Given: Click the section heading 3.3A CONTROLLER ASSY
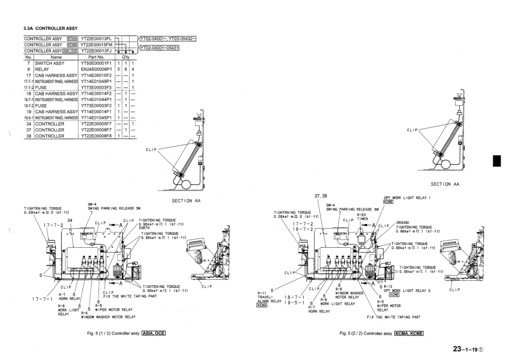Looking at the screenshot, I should pos(50,29).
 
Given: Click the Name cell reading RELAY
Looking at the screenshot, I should pos(42,69).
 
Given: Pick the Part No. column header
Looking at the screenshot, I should pos(96,57).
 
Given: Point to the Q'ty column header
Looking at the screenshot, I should pos(126,57).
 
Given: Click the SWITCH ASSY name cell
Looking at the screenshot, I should pos(49,63).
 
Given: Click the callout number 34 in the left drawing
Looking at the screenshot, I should pos(70,220).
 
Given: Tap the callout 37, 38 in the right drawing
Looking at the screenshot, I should pos(321,197).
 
